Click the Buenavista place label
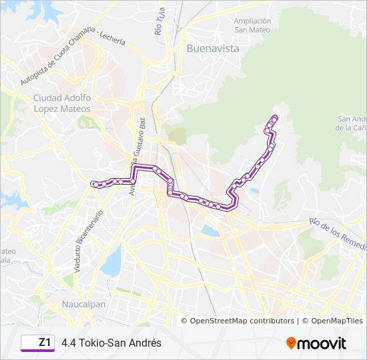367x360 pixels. [212, 49]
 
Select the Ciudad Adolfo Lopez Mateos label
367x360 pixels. [61, 103]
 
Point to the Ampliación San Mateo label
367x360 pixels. [252, 25]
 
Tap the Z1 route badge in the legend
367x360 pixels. [38, 343]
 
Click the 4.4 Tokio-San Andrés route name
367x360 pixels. [111, 343]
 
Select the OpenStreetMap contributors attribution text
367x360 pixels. [242, 321]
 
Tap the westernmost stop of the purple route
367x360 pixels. [94, 184]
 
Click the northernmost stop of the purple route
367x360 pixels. [274, 117]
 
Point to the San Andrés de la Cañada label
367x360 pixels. [352, 123]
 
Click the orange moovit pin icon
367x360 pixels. [291, 343]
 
